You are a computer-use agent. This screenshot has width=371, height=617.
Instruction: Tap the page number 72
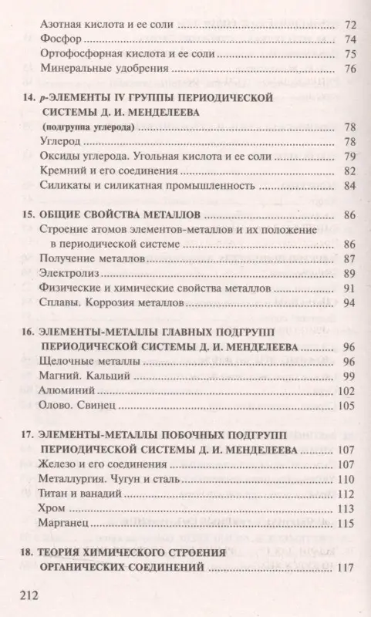pyautogui.click(x=349, y=24)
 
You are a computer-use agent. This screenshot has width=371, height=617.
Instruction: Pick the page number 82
pyautogui.click(x=349, y=170)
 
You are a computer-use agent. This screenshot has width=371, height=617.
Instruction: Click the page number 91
pyautogui.click(x=349, y=288)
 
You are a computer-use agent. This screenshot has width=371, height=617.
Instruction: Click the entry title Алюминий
pyautogui.click(x=65, y=390)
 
